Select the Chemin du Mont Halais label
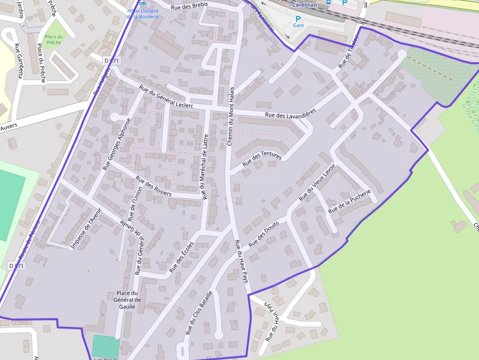pyautogui.click(x=231, y=116)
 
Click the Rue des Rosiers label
pyautogui.click(x=153, y=186)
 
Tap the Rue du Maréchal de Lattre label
pyautogui.click(x=205, y=167)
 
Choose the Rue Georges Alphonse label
pyautogui.click(x=117, y=144)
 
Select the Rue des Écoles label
pyautogui.click(x=181, y=257)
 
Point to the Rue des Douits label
pyautogui.click(x=263, y=234)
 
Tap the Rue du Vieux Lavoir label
pyautogui.click(x=317, y=182)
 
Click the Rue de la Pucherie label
pyautogui.click(x=350, y=202)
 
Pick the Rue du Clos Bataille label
pyautogui.click(x=199, y=313)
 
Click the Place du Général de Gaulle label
pyautogui.click(x=127, y=300)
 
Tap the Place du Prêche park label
pyautogui.click(x=54, y=40)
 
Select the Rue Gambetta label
pyautogui.click(x=19, y=61)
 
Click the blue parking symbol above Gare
pyautogui.click(x=298, y=19)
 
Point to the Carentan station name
pyautogui.click(x=305, y=4)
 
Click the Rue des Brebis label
pyautogui.click(x=189, y=5)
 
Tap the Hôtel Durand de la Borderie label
pyautogui.click(x=142, y=13)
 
